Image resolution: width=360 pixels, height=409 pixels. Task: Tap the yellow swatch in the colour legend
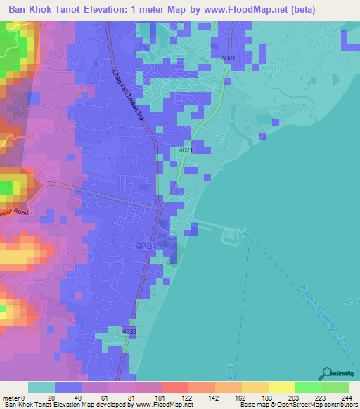click(280, 387)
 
